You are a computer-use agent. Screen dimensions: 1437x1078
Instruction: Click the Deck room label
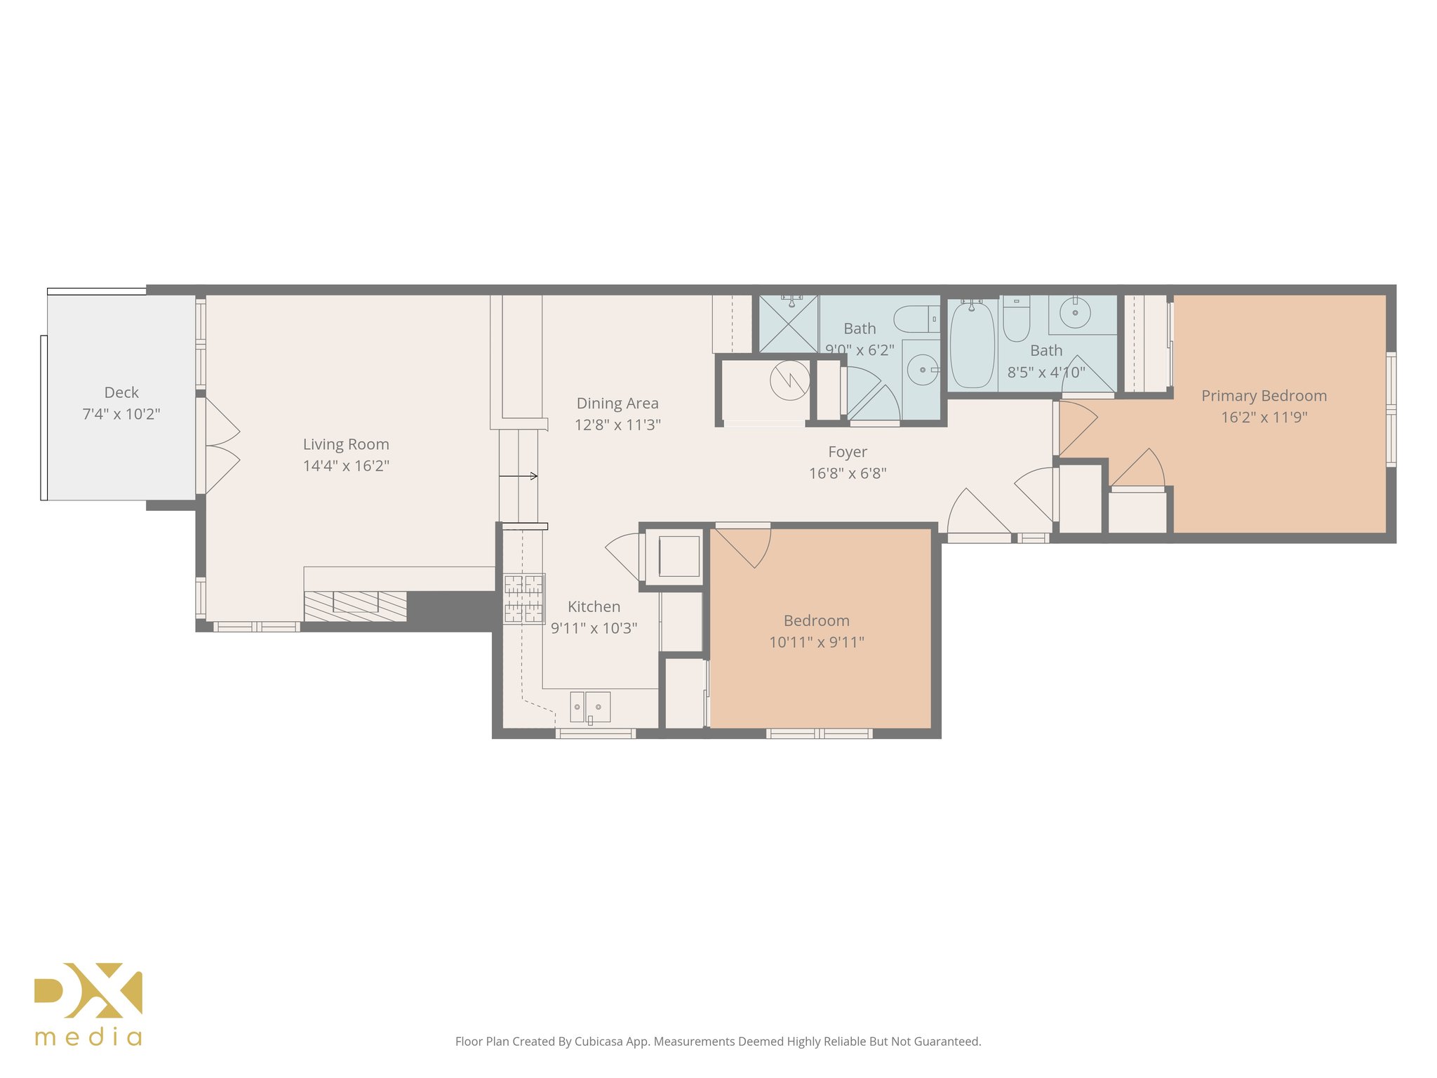(x=121, y=393)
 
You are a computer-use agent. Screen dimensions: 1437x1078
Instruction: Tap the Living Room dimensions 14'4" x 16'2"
(x=346, y=466)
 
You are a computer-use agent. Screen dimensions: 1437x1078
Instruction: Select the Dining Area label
(x=617, y=404)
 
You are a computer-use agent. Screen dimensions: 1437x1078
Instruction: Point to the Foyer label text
(x=848, y=453)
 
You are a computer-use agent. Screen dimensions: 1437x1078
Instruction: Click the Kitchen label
(x=594, y=607)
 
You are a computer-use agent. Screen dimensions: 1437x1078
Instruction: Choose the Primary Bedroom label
(x=1264, y=397)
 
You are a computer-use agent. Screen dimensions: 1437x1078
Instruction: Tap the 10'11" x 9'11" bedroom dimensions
(x=817, y=642)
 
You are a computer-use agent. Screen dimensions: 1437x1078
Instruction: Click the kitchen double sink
(x=590, y=707)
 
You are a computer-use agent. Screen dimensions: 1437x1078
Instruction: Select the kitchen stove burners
(x=524, y=599)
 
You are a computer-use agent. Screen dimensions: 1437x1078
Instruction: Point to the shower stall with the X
(x=789, y=324)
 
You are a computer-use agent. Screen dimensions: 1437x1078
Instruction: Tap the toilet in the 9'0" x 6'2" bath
(x=916, y=320)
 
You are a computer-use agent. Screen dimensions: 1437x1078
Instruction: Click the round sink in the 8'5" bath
(x=1075, y=312)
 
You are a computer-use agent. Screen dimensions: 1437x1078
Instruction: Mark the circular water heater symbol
(x=790, y=380)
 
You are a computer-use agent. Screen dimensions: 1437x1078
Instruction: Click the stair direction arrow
(x=519, y=477)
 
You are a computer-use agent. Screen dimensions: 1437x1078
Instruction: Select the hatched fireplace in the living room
(x=355, y=606)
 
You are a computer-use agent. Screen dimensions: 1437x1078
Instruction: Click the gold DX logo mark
(x=88, y=990)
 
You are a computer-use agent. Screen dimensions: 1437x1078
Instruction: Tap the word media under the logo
(x=88, y=1037)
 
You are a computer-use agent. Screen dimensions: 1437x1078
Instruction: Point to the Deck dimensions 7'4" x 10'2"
(x=121, y=415)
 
